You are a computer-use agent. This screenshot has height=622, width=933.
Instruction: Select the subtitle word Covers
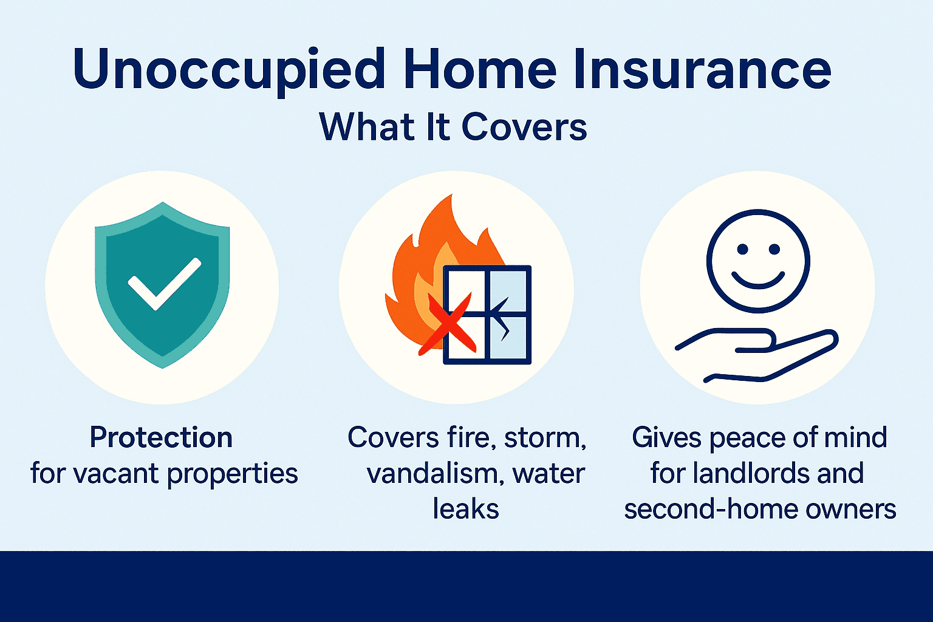(x=524, y=127)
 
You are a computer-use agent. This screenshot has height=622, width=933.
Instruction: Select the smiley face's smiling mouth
(x=757, y=280)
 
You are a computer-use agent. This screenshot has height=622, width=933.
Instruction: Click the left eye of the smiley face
(x=742, y=249)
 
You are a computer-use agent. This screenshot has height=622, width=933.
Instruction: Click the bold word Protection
(x=161, y=437)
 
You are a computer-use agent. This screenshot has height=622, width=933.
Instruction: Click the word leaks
(x=466, y=509)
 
